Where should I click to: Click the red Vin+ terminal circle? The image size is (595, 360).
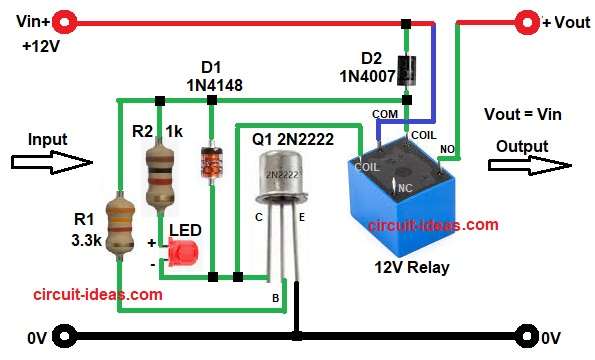point(67,20)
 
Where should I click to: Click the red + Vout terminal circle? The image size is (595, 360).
point(527,20)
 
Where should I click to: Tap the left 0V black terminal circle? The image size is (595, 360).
point(67,336)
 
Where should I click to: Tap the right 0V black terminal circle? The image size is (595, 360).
point(527,336)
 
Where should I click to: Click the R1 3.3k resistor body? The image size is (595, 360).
point(118,221)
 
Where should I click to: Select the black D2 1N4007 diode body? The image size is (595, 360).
point(407,68)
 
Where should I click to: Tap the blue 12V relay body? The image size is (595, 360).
point(395,200)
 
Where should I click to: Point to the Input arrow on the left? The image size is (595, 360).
point(50,159)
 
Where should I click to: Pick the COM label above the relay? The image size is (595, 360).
point(384,114)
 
